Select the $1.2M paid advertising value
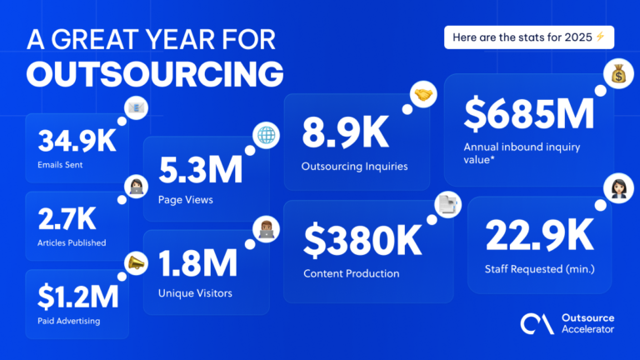coord(76,296)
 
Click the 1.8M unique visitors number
coord(196,262)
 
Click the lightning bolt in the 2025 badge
coord(598,37)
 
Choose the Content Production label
coord(350,273)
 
